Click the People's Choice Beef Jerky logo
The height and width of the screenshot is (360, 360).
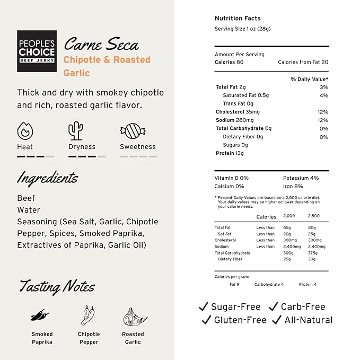click(37, 50)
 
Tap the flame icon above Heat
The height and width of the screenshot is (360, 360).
click(25, 130)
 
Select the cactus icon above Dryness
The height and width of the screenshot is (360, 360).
click(76, 130)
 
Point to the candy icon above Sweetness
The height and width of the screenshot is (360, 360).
click(129, 130)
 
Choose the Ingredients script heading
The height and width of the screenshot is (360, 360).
click(48, 178)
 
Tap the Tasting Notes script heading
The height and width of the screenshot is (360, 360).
click(57, 286)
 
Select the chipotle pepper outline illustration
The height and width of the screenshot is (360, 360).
click(88, 315)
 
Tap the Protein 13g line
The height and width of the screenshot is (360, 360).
click(230, 153)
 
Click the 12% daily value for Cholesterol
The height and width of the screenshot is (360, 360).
click(323, 112)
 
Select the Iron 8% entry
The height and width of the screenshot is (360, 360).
click(293, 186)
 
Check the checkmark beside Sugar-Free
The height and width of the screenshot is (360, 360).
click(203, 307)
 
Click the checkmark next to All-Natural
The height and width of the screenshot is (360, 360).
click(276, 320)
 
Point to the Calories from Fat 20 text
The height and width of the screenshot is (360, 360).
click(303, 62)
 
